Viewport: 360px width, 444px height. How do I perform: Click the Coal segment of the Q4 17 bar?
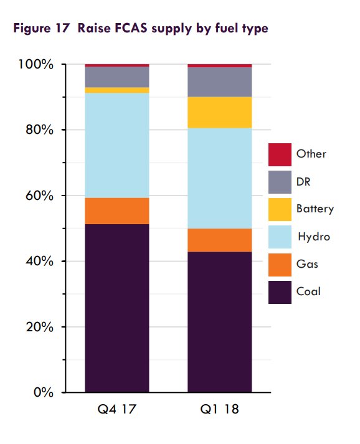pos(116,308)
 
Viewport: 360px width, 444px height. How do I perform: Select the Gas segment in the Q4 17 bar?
pos(116,210)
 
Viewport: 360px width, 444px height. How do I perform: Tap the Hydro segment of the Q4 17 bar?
pos(116,145)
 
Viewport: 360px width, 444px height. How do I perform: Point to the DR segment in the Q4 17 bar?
pos(116,77)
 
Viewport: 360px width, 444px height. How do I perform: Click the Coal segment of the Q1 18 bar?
pos(219,321)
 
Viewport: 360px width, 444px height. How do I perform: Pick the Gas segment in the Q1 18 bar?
pos(219,240)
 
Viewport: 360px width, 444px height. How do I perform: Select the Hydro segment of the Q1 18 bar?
pos(219,178)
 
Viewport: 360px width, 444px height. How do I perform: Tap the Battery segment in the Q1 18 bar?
pos(219,112)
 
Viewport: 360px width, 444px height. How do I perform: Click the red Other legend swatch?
pos(280,154)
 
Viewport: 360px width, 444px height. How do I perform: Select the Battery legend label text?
pos(315,209)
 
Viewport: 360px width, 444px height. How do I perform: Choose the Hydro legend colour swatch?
pos(280,237)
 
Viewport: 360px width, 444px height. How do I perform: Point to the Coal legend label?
pos(309,291)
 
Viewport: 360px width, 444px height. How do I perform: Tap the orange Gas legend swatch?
pos(280,264)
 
